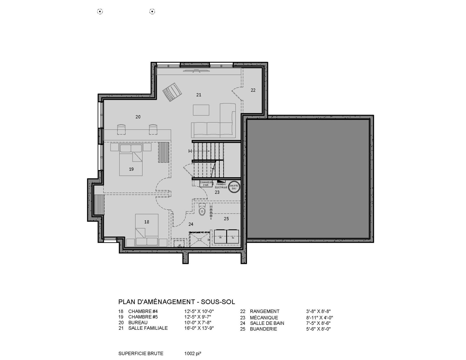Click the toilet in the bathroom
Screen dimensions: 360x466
click(x=202, y=210)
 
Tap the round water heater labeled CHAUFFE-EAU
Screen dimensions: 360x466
click(x=234, y=187)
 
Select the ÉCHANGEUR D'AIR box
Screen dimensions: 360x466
click(x=206, y=184)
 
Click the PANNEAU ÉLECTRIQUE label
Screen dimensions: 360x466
click(x=221, y=186)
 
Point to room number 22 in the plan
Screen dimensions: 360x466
click(x=253, y=90)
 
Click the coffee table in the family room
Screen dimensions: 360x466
click(x=201, y=110)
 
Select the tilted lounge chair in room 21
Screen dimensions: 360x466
click(x=172, y=92)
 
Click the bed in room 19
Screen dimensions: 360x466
click(x=131, y=160)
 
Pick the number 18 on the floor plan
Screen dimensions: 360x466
click(x=147, y=222)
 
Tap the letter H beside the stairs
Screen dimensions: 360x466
click(x=190, y=151)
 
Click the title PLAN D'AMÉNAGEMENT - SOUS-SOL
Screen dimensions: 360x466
click(x=177, y=302)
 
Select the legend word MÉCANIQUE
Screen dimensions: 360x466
click(x=264, y=318)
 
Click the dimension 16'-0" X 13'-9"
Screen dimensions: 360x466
click(x=199, y=328)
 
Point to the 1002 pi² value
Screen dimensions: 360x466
click(x=193, y=353)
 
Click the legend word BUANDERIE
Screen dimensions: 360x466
click(x=263, y=329)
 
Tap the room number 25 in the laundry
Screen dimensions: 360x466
click(x=226, y=219)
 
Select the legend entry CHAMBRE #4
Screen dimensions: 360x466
click(x=143, y=311)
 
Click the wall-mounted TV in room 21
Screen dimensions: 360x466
click(x=196, y=70)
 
